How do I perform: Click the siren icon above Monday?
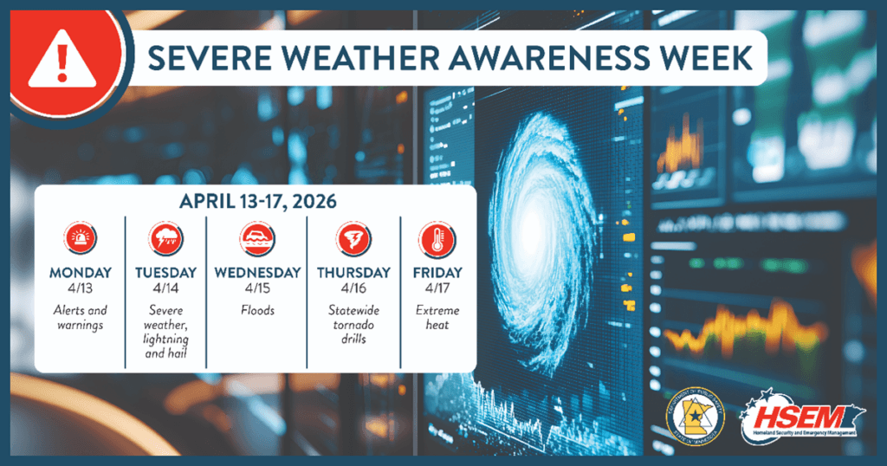pyautogui.click(x=80, y=239)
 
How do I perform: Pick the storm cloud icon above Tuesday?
pyautogui.click(x=165, y=239)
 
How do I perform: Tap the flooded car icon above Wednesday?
pyautogui.click(x=256, y=239)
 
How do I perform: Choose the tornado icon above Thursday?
pyautogui.click(x=353, y=239)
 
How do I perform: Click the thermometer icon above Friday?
pyautogui.click(x=437, y=239)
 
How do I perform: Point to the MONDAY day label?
pyautogui.click(x=80, y=272)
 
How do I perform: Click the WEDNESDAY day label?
pyautogui.click(x=256, y=272)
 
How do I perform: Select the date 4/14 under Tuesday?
pyautogui.click(x=165, y=288)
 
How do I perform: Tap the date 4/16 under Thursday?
pyautogui.click(x=353, y=288)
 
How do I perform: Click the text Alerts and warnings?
pyautogui.click(x=80, y=318)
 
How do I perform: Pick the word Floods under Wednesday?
pyautogui.click(x=256, y=310)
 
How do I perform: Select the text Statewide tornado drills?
pyautogui.click(x=353, y=324)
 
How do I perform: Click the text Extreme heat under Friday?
pyautogui.click(x=437, y=318)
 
